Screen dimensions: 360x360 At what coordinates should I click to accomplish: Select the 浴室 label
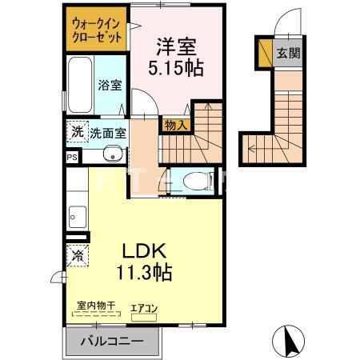click(x=110, y=85)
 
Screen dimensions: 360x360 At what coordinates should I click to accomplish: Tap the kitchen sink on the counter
click(x=78, y=215)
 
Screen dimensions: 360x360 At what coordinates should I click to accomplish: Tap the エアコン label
click(x=145, y=307)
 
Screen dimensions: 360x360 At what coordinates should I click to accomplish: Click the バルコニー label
click(x=113, y=342)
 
